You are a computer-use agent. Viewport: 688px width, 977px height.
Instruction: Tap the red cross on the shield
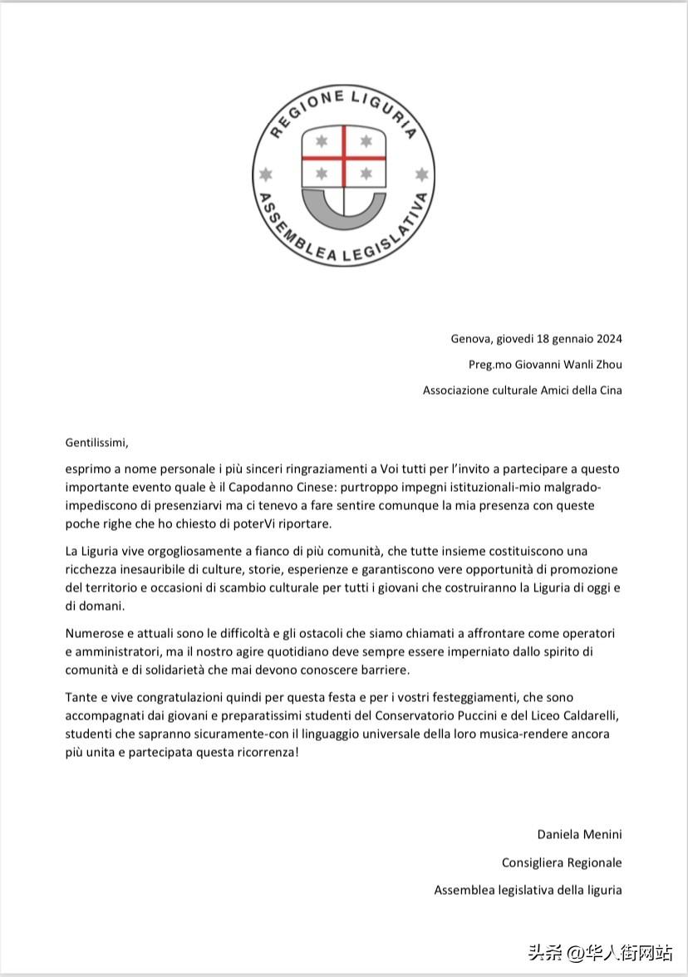(343, 158)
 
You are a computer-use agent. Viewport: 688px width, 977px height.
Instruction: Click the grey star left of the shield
(266, 174)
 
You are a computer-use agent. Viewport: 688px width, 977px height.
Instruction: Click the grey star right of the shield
(421, 174)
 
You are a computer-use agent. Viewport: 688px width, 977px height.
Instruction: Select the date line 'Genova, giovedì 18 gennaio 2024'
(536, 338)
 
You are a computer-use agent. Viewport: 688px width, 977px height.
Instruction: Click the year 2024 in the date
(608, 338)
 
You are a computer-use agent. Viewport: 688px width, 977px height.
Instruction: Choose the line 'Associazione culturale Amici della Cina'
(522, 390)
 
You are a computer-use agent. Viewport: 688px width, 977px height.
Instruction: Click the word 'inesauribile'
(158, 569)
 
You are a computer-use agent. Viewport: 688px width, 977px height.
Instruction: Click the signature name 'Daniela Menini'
(579, 834)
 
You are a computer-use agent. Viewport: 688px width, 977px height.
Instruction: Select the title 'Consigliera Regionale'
(561, 862)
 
